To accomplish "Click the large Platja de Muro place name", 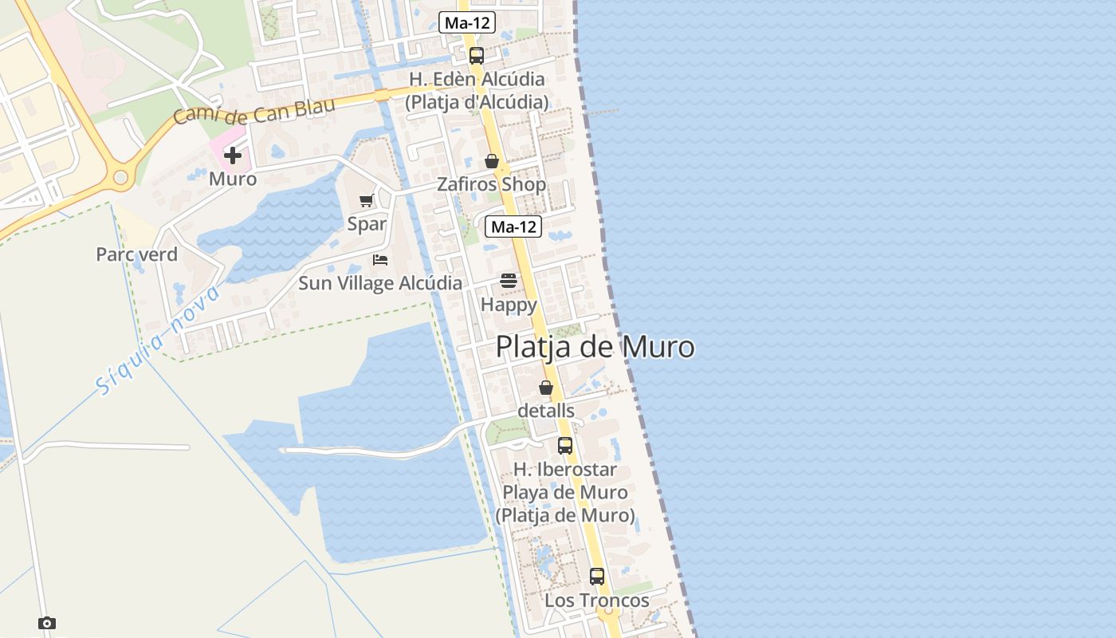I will point(595,348).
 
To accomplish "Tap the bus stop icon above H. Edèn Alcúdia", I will point(477,56).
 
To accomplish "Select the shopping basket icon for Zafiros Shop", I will point(492,161).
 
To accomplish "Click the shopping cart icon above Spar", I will point(366,200).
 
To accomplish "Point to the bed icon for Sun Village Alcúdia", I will point(380,259).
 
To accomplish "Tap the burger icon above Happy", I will point(509,281).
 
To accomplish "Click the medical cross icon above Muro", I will point(232,156).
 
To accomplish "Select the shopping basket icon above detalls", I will point(545,388).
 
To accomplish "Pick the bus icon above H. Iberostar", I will point(565,446).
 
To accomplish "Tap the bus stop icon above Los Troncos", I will point(597,576).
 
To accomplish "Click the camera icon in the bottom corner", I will point(47,623).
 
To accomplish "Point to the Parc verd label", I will point(136,254).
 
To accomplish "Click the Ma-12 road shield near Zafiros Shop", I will point(513,226).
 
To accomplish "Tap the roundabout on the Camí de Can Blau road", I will point(121,177).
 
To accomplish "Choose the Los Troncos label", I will point(597,600).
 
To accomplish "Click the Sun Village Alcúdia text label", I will point(380,283).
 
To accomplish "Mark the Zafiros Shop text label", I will point(492,185).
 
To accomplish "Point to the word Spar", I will point(367,224).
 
